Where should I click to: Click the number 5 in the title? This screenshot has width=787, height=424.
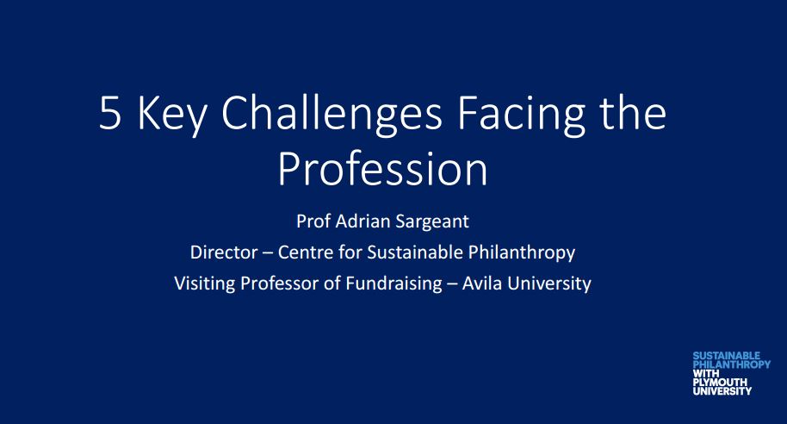(110, 113)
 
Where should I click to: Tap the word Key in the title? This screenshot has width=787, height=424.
(171, 115)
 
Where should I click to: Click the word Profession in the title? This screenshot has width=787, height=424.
(382, 169)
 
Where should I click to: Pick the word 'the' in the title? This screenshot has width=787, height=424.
(633, 113)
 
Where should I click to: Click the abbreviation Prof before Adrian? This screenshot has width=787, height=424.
(313, 221)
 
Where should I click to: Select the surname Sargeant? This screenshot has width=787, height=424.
(432, 222)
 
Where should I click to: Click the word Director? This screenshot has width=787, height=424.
(224, 253)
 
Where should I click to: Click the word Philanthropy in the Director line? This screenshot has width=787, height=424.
(522, 253)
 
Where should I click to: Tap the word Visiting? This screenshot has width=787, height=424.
(205, 284)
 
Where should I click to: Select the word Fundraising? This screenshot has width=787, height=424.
(394, 284)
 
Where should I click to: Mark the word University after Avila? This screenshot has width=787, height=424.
(549, 284)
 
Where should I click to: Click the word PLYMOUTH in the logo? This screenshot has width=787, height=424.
(720, 383)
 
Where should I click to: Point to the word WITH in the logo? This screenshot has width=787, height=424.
(706, 373)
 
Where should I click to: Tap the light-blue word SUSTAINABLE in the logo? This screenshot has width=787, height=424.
(726, 356)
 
